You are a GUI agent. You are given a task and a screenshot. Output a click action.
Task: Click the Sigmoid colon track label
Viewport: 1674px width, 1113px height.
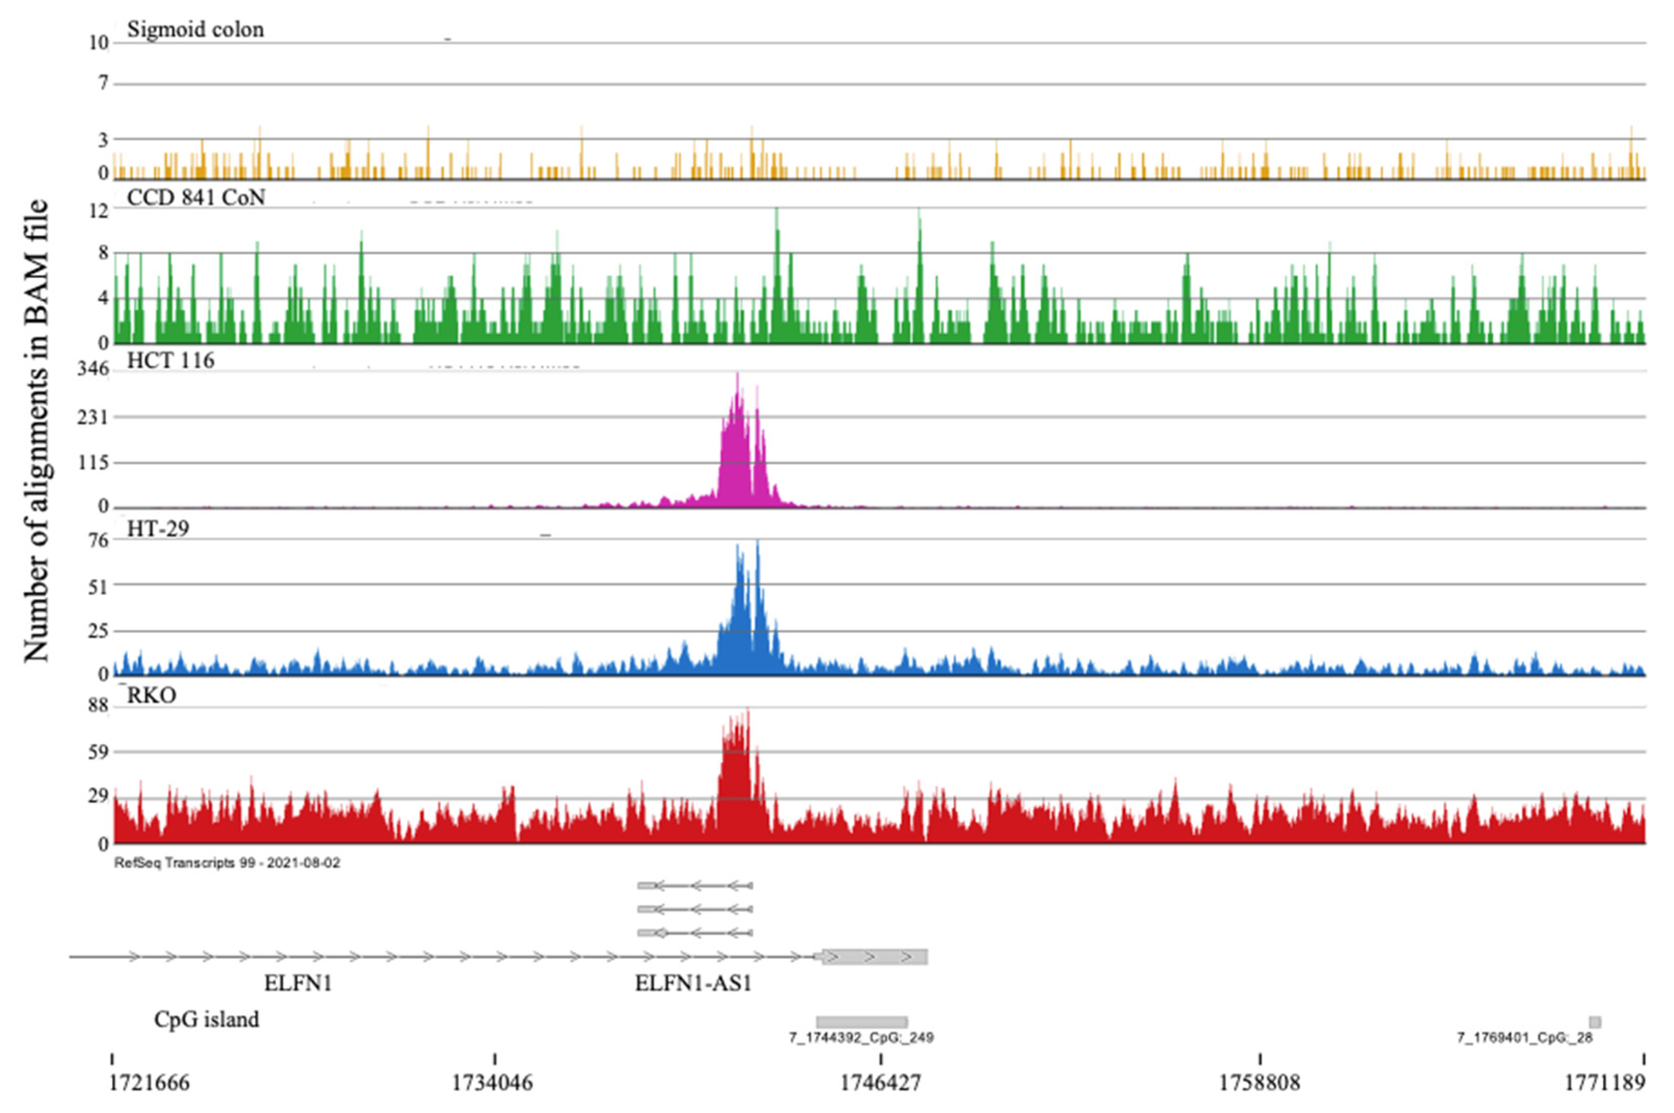coord(195,30)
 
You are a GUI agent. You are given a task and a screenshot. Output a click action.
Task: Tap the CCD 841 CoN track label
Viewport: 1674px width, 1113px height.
coord(196,197)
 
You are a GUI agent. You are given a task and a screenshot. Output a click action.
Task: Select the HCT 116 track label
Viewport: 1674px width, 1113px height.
coord(170,360)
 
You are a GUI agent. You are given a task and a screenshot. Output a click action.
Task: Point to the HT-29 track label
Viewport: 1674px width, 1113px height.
coord(157,529)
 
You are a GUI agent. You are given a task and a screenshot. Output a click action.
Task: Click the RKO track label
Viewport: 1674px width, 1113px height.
coord(151,695)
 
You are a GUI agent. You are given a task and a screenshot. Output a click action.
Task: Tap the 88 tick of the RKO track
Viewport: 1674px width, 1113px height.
coord(98,705)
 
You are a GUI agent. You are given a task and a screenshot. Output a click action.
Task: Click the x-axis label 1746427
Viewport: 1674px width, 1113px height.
coord(880,1083)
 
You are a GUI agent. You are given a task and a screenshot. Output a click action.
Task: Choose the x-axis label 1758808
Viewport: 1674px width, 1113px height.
coord(1259,1083)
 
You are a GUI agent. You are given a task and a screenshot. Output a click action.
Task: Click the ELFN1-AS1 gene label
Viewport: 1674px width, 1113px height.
coord(693,984)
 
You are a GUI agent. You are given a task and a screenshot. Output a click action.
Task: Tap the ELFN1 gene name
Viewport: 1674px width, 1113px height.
coord(298,984)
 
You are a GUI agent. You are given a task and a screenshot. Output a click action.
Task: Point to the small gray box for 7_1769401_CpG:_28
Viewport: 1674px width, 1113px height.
coord(1595,1022)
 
